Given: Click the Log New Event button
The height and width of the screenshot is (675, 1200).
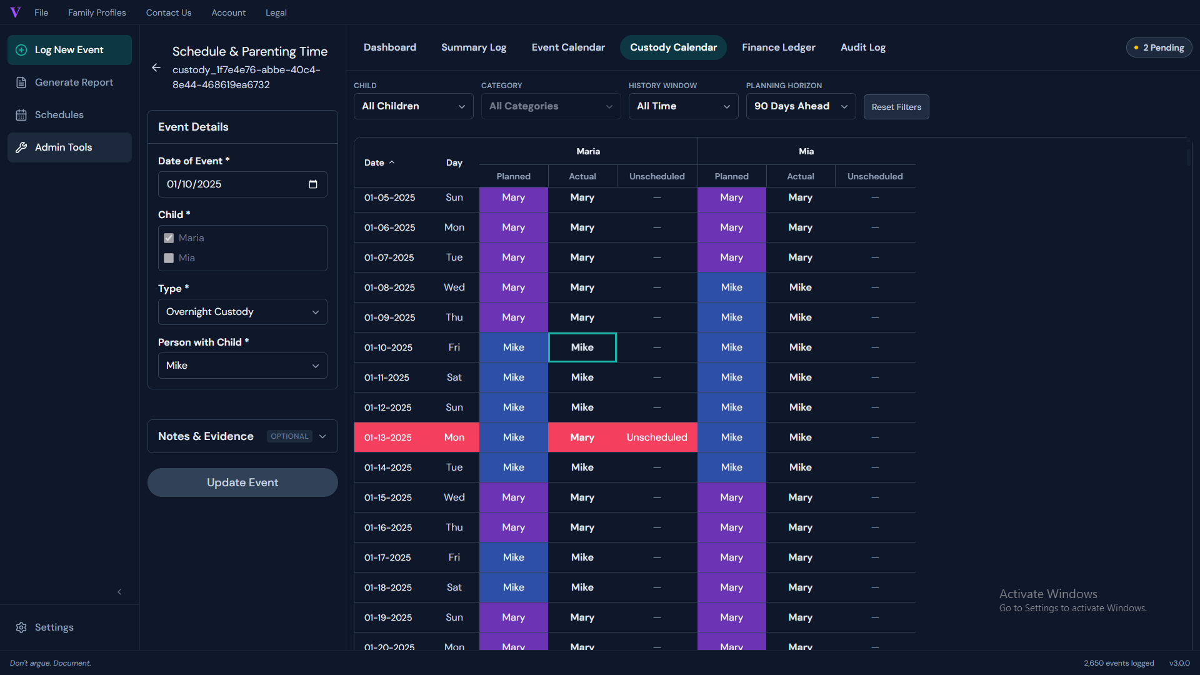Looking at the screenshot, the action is [x=69, y=50].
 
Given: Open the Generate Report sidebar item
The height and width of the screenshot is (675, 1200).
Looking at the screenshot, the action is [x=69, y=82].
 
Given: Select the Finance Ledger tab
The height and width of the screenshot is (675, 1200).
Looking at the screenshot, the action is [x=778, y=47].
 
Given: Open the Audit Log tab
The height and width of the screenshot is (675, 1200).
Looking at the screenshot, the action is [x=862, y=47].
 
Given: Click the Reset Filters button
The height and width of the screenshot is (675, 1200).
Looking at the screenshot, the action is [x=896, y=107].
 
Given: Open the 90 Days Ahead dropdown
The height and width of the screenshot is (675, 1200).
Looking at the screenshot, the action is [x=801, y=106].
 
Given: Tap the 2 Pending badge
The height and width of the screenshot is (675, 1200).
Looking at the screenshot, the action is [x=1159, y=47].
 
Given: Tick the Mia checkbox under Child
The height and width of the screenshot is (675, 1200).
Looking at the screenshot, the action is [x=169, y=258].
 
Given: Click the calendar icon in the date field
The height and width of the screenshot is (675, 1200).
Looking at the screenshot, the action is [x=313, y=184].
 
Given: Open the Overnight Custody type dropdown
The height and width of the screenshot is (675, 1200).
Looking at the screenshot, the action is [x=242, y=312].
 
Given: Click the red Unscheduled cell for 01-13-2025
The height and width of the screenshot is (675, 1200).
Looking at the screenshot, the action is [x=657, y=437].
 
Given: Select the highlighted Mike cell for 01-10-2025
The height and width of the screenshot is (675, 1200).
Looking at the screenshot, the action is [x=582, y=347].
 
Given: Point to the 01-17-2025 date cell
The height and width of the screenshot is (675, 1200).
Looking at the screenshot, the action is [x=387, y=557].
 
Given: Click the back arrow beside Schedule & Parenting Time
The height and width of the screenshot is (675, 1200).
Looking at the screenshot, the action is [x=156, y=67].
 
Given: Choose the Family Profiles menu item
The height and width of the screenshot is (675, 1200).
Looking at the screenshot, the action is [x=97, y=12].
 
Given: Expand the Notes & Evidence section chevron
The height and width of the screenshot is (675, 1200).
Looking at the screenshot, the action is [x=322, y=436].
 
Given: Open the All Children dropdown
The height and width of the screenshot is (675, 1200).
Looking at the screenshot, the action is [x=414, y=106].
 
